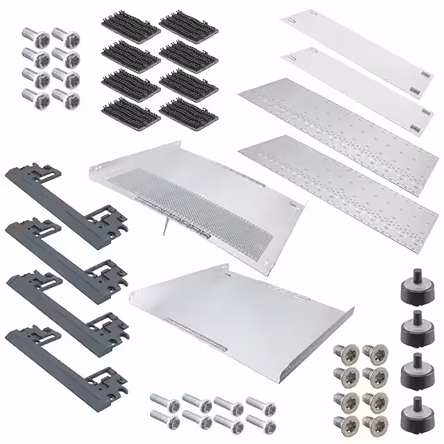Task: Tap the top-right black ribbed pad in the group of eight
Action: point(187,26)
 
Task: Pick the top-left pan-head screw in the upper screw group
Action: point(31,35)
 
